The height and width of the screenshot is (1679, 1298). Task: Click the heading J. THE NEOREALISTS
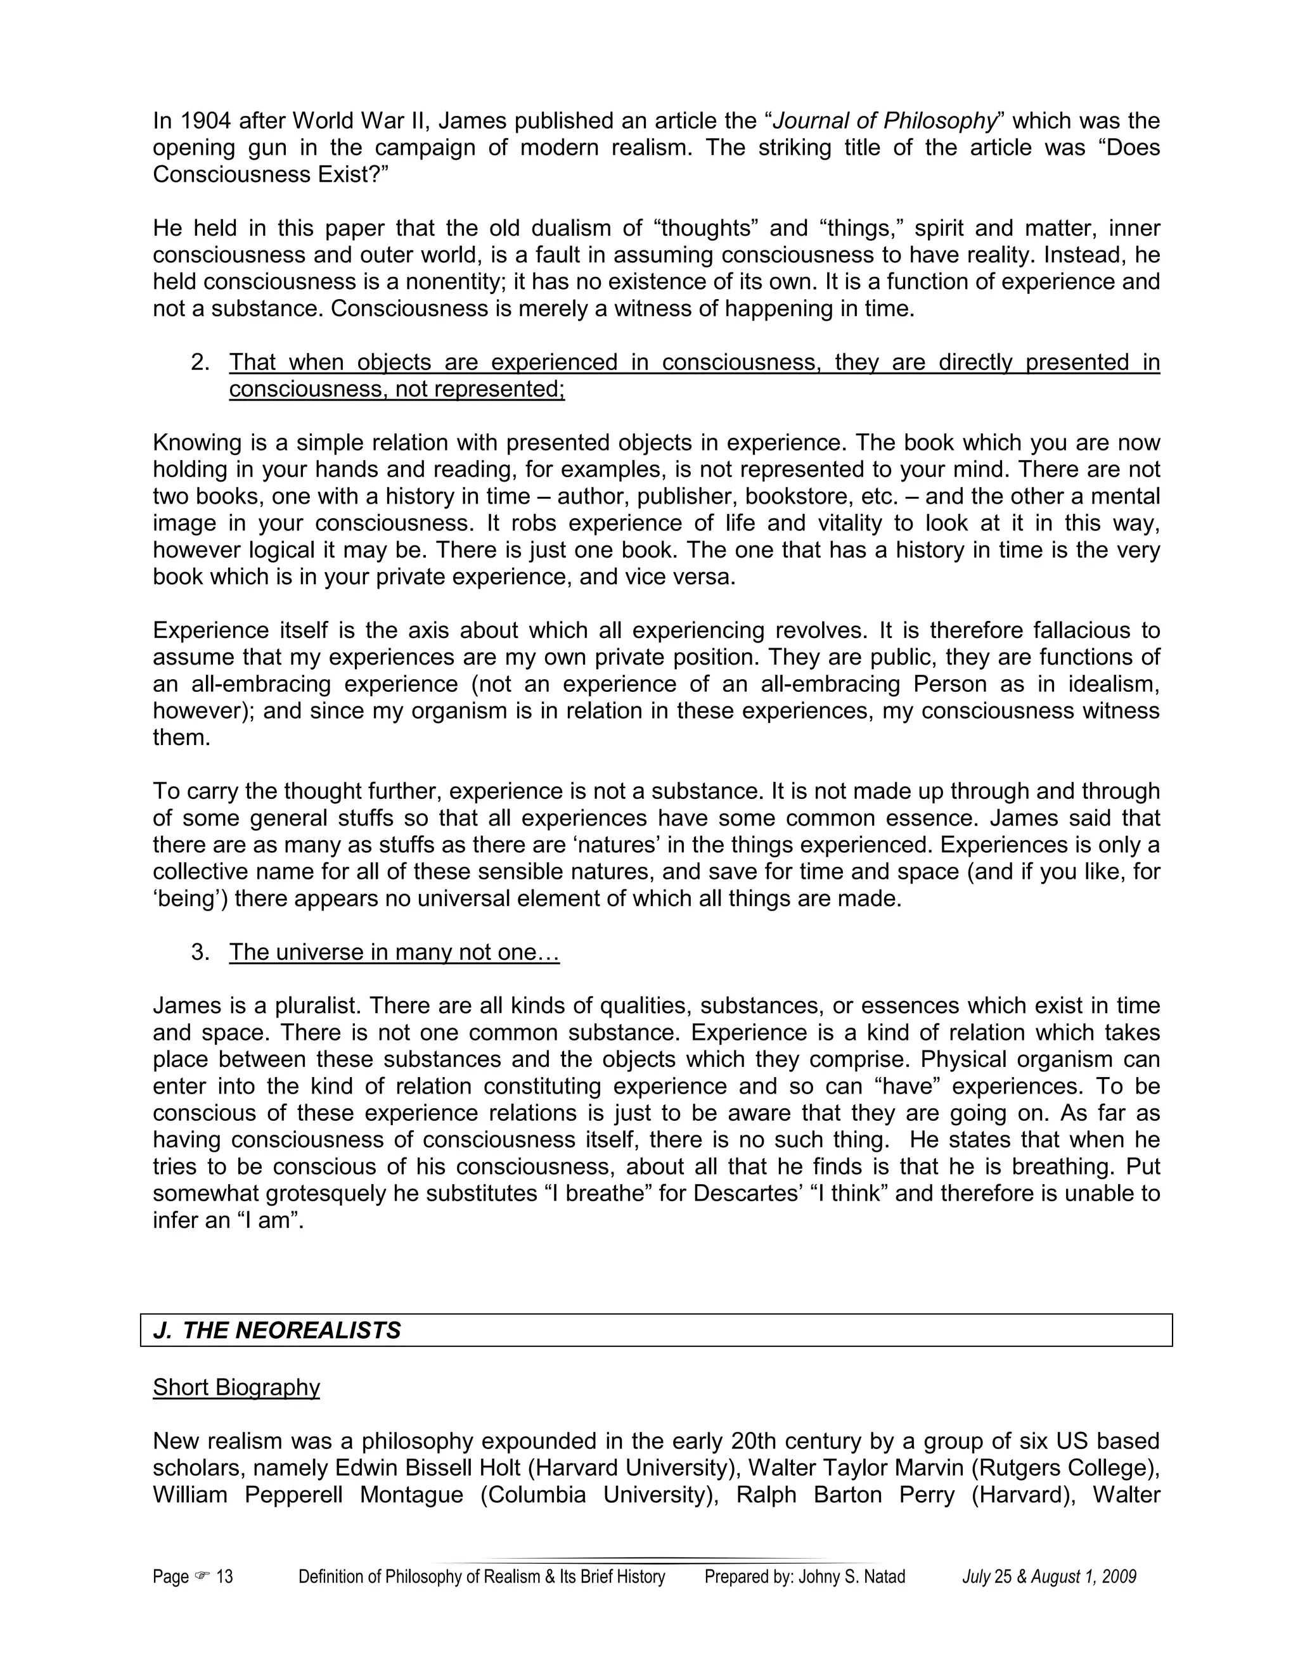[x=278, y=1331]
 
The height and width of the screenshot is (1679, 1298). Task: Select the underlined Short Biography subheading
[x=236, y=1388]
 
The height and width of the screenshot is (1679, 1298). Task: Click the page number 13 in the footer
[x=224, y=1578]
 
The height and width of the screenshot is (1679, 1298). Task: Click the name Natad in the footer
[x=884, y=1578]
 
